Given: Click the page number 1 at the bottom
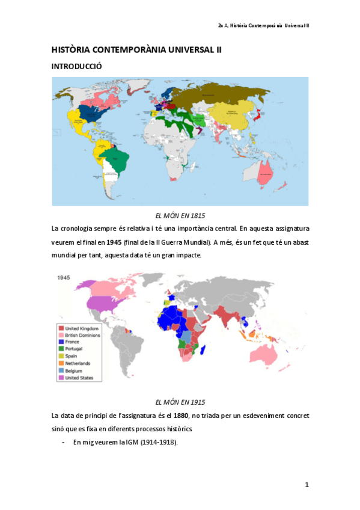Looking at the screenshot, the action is click(307, 484).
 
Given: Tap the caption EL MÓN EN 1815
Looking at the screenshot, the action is click(180, 215).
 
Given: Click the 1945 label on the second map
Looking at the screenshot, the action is click(66, 278).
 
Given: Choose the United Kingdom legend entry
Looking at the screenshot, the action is click(82, 329).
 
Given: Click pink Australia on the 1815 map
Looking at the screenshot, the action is click(266, 174).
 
